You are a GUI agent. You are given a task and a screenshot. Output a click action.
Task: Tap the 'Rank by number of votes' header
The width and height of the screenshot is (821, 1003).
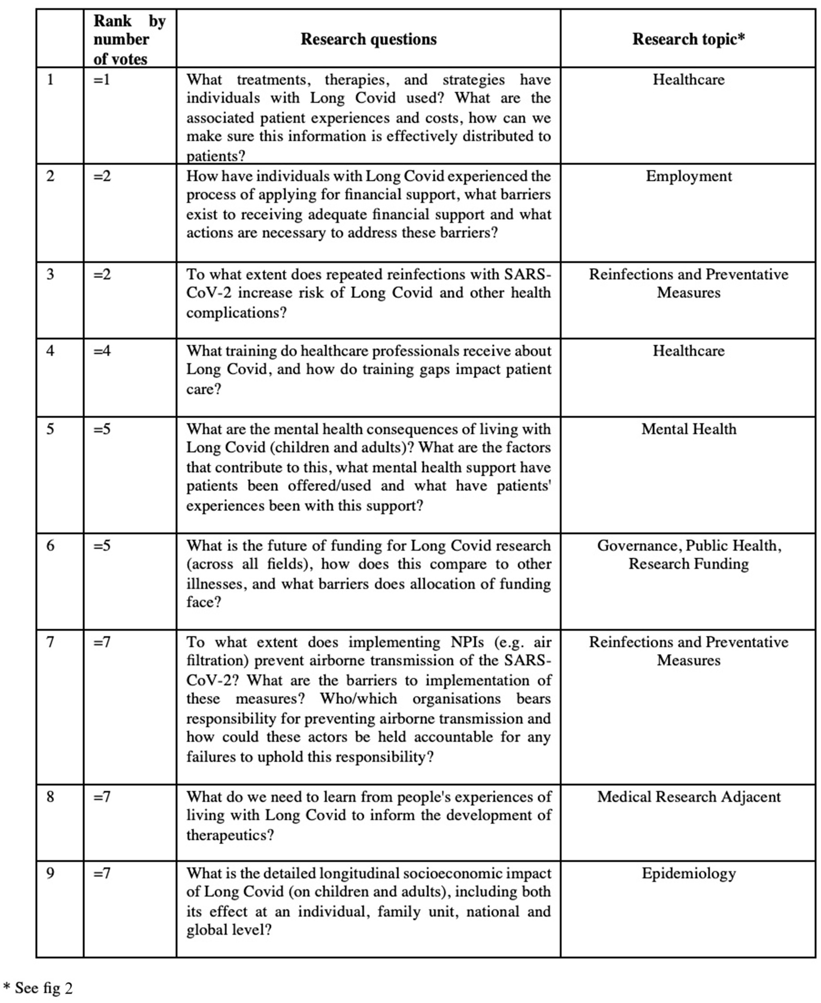point(129,40)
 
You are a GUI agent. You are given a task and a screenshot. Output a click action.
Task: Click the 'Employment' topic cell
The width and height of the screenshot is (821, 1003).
point(688,176)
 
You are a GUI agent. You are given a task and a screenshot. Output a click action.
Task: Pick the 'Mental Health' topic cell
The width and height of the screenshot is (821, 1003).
point(688,429)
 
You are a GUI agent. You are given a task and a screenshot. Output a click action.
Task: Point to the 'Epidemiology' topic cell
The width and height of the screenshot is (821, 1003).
point(688,873)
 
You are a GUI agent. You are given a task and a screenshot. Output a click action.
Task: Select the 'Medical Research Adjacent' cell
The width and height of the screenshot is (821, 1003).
point(688,796)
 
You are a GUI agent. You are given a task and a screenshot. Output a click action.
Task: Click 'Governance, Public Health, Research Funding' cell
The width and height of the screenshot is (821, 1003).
point(688,554)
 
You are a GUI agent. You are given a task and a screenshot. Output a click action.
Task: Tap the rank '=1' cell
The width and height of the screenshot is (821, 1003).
point(102,79)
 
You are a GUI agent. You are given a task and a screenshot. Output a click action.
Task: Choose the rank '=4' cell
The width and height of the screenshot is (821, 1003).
point(102,351)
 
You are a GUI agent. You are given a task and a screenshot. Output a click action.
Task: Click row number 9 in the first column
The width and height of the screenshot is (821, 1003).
point(50,873)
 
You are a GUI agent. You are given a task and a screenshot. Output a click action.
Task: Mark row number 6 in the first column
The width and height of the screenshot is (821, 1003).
point(50,545)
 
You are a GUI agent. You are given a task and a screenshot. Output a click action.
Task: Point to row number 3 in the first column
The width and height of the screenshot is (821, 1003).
point(50,274)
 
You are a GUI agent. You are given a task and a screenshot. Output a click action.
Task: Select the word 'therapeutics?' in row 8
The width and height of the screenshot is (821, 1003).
point(230,835)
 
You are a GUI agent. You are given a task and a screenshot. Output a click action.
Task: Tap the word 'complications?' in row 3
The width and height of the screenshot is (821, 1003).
point(236,313)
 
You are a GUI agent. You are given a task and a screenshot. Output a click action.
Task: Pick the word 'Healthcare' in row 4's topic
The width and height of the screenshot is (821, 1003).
point(688,351)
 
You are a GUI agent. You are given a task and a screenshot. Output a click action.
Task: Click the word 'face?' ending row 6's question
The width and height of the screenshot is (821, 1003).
point(204,602)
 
